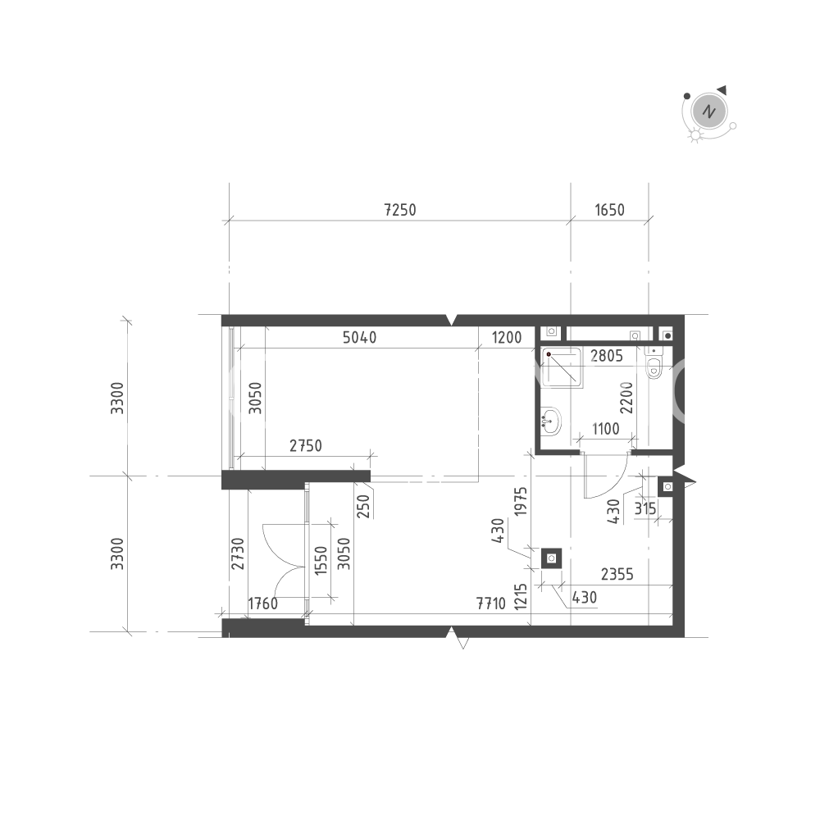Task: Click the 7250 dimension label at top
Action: coord(400,210)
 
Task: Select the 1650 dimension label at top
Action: coord(610,210)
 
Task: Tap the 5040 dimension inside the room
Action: coord(359,338)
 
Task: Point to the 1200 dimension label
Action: coord(507,338)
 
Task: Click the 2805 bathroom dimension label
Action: coord(607,356)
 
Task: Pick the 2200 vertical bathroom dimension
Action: coord(626,398)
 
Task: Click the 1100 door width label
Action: coord(606,430)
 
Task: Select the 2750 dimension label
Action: coord(306,446)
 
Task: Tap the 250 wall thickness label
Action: coord(363,506)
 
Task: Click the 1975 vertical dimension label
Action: coord(521,502)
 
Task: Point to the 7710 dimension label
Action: coord(491,604)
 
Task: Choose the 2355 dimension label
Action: coord(617,574)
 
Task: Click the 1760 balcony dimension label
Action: coord(262,604)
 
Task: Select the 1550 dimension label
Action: coord(321,561)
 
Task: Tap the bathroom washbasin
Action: coord(551,421)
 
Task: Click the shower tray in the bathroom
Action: coord(562,367)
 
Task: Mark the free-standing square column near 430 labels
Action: coord(551,558)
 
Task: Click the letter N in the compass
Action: coord(709,112)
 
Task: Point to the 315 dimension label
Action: coord(645,509)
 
